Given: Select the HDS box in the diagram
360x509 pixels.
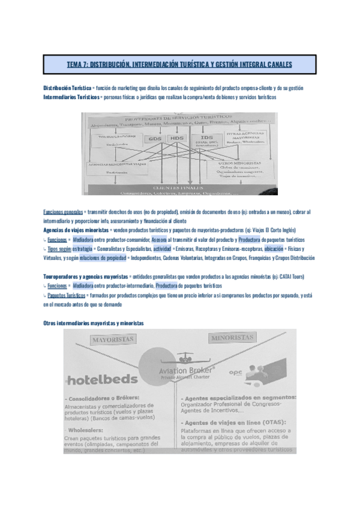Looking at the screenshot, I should (176, 139).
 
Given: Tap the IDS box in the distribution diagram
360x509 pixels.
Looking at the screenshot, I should (207, 138).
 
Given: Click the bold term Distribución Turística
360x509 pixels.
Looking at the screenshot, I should (68, 88).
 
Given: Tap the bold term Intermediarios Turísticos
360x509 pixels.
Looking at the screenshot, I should (71, 97).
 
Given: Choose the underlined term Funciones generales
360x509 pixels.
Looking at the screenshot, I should (64, 212).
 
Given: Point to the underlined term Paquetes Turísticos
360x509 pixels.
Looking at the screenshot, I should (67, 296).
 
